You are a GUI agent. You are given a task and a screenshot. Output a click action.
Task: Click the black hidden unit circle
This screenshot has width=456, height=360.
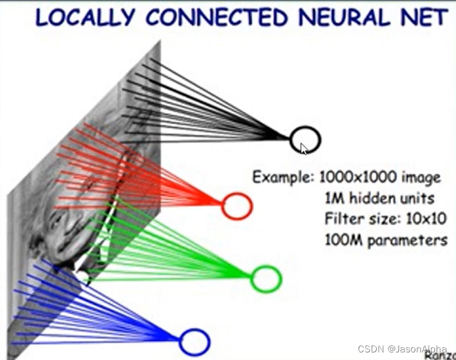[x=305, y=139]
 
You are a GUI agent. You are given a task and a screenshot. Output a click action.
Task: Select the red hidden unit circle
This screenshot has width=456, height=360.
[x=237, y=206]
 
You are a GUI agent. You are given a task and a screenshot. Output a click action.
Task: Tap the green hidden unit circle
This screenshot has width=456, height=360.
[x=265, y=279]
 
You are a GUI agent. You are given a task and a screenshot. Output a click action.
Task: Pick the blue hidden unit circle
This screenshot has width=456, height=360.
[x=194, y=342]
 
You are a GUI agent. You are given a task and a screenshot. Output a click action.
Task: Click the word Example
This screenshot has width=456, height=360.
[x=283, y=177]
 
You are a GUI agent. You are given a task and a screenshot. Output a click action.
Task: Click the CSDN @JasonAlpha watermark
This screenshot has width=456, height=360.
[x=402, y=349]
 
